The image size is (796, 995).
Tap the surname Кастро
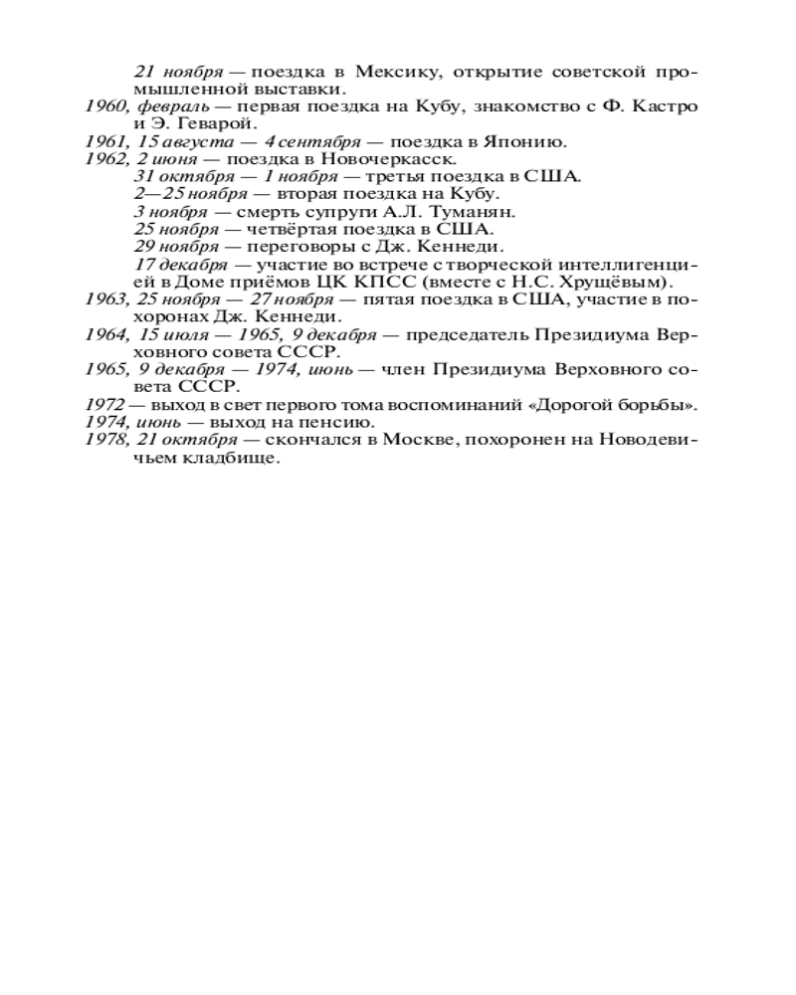(x=668, y=106)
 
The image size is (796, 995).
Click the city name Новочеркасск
(x=391, y=159)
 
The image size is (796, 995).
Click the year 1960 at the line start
(x=104, y=106)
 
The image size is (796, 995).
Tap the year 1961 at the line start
(x=104, y=141)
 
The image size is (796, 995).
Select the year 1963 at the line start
(x=104, y=299)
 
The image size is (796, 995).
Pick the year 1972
(x=104, y=405)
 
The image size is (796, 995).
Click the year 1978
(x=104, y=441)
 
